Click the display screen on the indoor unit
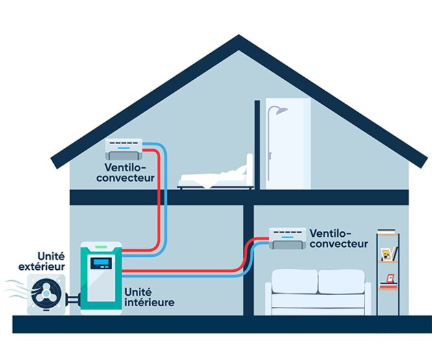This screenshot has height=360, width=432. pyautogui.click(x=102, y=263)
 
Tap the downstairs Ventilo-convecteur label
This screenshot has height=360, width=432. pyautogui.click(x=339, y=237)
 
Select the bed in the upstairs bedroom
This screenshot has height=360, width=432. pyautogui.click(x=214, y=176)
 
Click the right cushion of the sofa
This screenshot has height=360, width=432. pyautogui.click(x=341, y=282)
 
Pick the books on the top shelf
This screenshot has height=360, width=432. pyautogui.click(x=387, y=232)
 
